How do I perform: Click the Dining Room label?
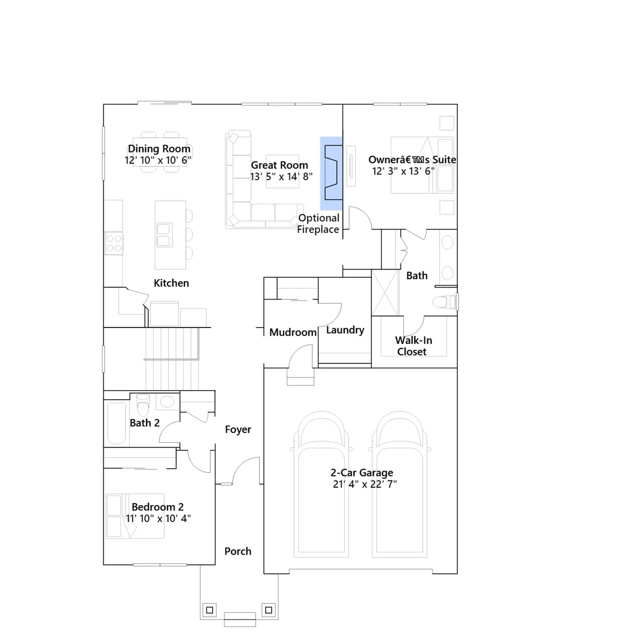click(x=159, y=149)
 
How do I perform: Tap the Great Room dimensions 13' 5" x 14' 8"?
click(x=281, y=176)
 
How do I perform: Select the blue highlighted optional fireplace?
click(x=331, y=173)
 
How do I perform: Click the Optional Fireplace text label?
click(x=318, y=223)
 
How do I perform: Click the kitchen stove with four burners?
click(x=114, y=243)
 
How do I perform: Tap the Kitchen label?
click(x=171, y=283)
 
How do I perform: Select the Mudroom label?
click(x=293, y=332)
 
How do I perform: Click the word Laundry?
click(x=345, y=330)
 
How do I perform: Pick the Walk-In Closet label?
click(x=413, y=346)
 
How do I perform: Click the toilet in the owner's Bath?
click(x=444, y=302)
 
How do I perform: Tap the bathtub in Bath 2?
click(x=117, y=423)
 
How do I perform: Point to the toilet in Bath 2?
click(x=143, y=405)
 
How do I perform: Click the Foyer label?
click(x=238, y=429)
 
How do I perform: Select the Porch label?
click(x=238, y=551)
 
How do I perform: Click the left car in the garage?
click(x=321, y=484)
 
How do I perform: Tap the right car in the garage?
click(x=400, y=484)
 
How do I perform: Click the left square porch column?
click(x=210, y=610)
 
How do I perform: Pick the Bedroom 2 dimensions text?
click(x=158, y=518)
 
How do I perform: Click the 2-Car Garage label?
click(x=362, y=473)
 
